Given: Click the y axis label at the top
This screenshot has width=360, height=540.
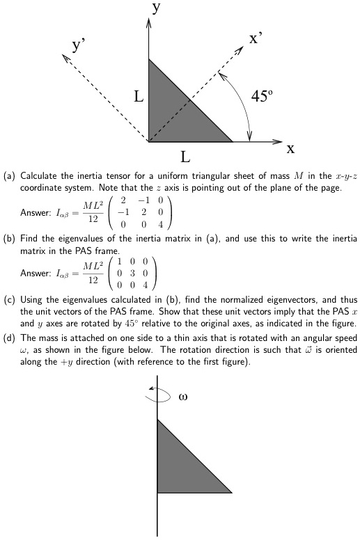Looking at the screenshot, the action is pyautogui.click(x=157, y=8).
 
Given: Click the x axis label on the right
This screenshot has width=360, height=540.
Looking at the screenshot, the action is pyautogui.click(x=290, y=148).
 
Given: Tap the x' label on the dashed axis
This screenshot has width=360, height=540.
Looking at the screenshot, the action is pyautogui.click(x=257, y=38).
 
